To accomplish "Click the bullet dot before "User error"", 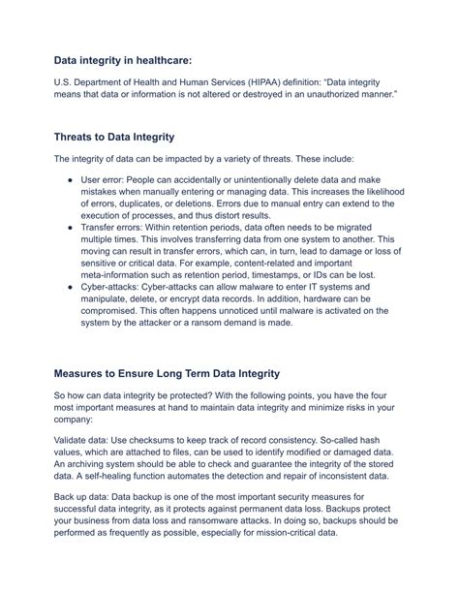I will pos(72,181).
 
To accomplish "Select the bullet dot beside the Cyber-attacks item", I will pos(72,288).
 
